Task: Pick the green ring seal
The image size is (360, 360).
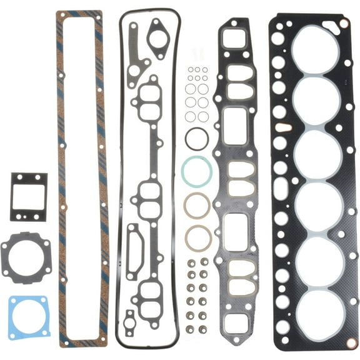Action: pos(196,171)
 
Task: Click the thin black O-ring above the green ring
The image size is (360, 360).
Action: pos(197,138)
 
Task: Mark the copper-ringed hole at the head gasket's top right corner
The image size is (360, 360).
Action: pos(343,24)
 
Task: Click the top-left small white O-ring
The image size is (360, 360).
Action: pos(191,70)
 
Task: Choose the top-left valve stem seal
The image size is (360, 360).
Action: pos(190,262)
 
